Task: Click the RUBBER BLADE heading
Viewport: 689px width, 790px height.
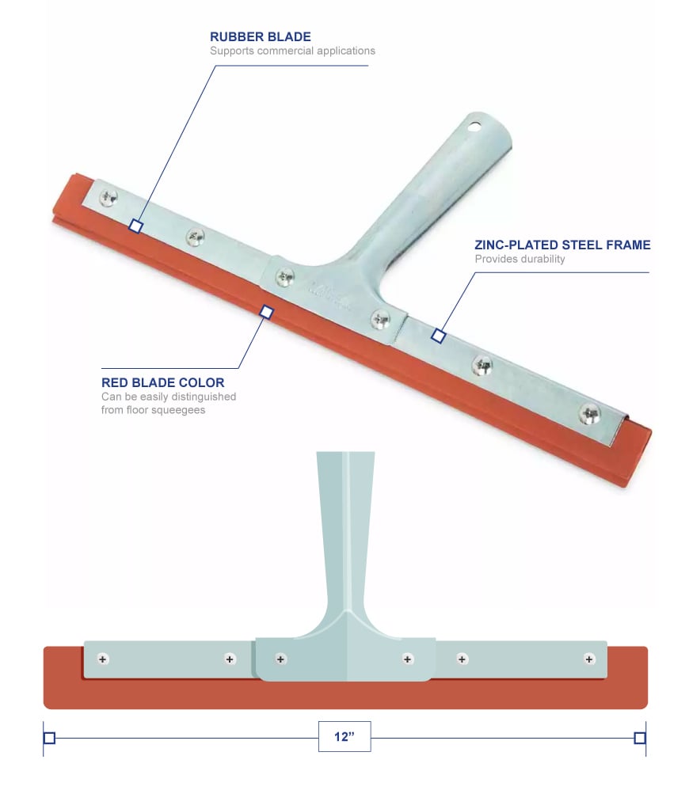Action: (260, 36)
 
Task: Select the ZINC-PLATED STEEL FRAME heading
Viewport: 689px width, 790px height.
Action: (562, 245)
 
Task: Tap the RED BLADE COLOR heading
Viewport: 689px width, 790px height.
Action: (162, 383)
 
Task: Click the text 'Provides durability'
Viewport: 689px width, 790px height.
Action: (520, 259)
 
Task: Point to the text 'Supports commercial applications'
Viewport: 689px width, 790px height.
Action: (292, 51)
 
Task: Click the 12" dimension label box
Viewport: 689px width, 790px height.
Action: (344, 736)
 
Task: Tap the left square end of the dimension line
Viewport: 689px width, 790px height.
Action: (49, 739)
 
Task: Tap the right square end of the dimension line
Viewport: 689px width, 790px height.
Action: (640, 739)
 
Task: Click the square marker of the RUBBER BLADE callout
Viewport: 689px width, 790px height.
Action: (136, 226)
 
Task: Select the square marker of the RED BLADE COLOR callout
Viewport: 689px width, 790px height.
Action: (267, 313)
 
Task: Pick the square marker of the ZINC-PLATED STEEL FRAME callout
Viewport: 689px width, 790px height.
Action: (438, 336)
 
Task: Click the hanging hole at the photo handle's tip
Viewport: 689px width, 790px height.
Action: (474, 125)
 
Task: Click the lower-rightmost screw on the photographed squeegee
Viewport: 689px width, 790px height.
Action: (589, 412)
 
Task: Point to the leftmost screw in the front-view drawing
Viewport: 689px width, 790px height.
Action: (103, 659)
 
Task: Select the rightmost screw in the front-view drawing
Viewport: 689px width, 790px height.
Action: (589, 659)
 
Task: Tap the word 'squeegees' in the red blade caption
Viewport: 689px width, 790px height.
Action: (182, 410)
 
